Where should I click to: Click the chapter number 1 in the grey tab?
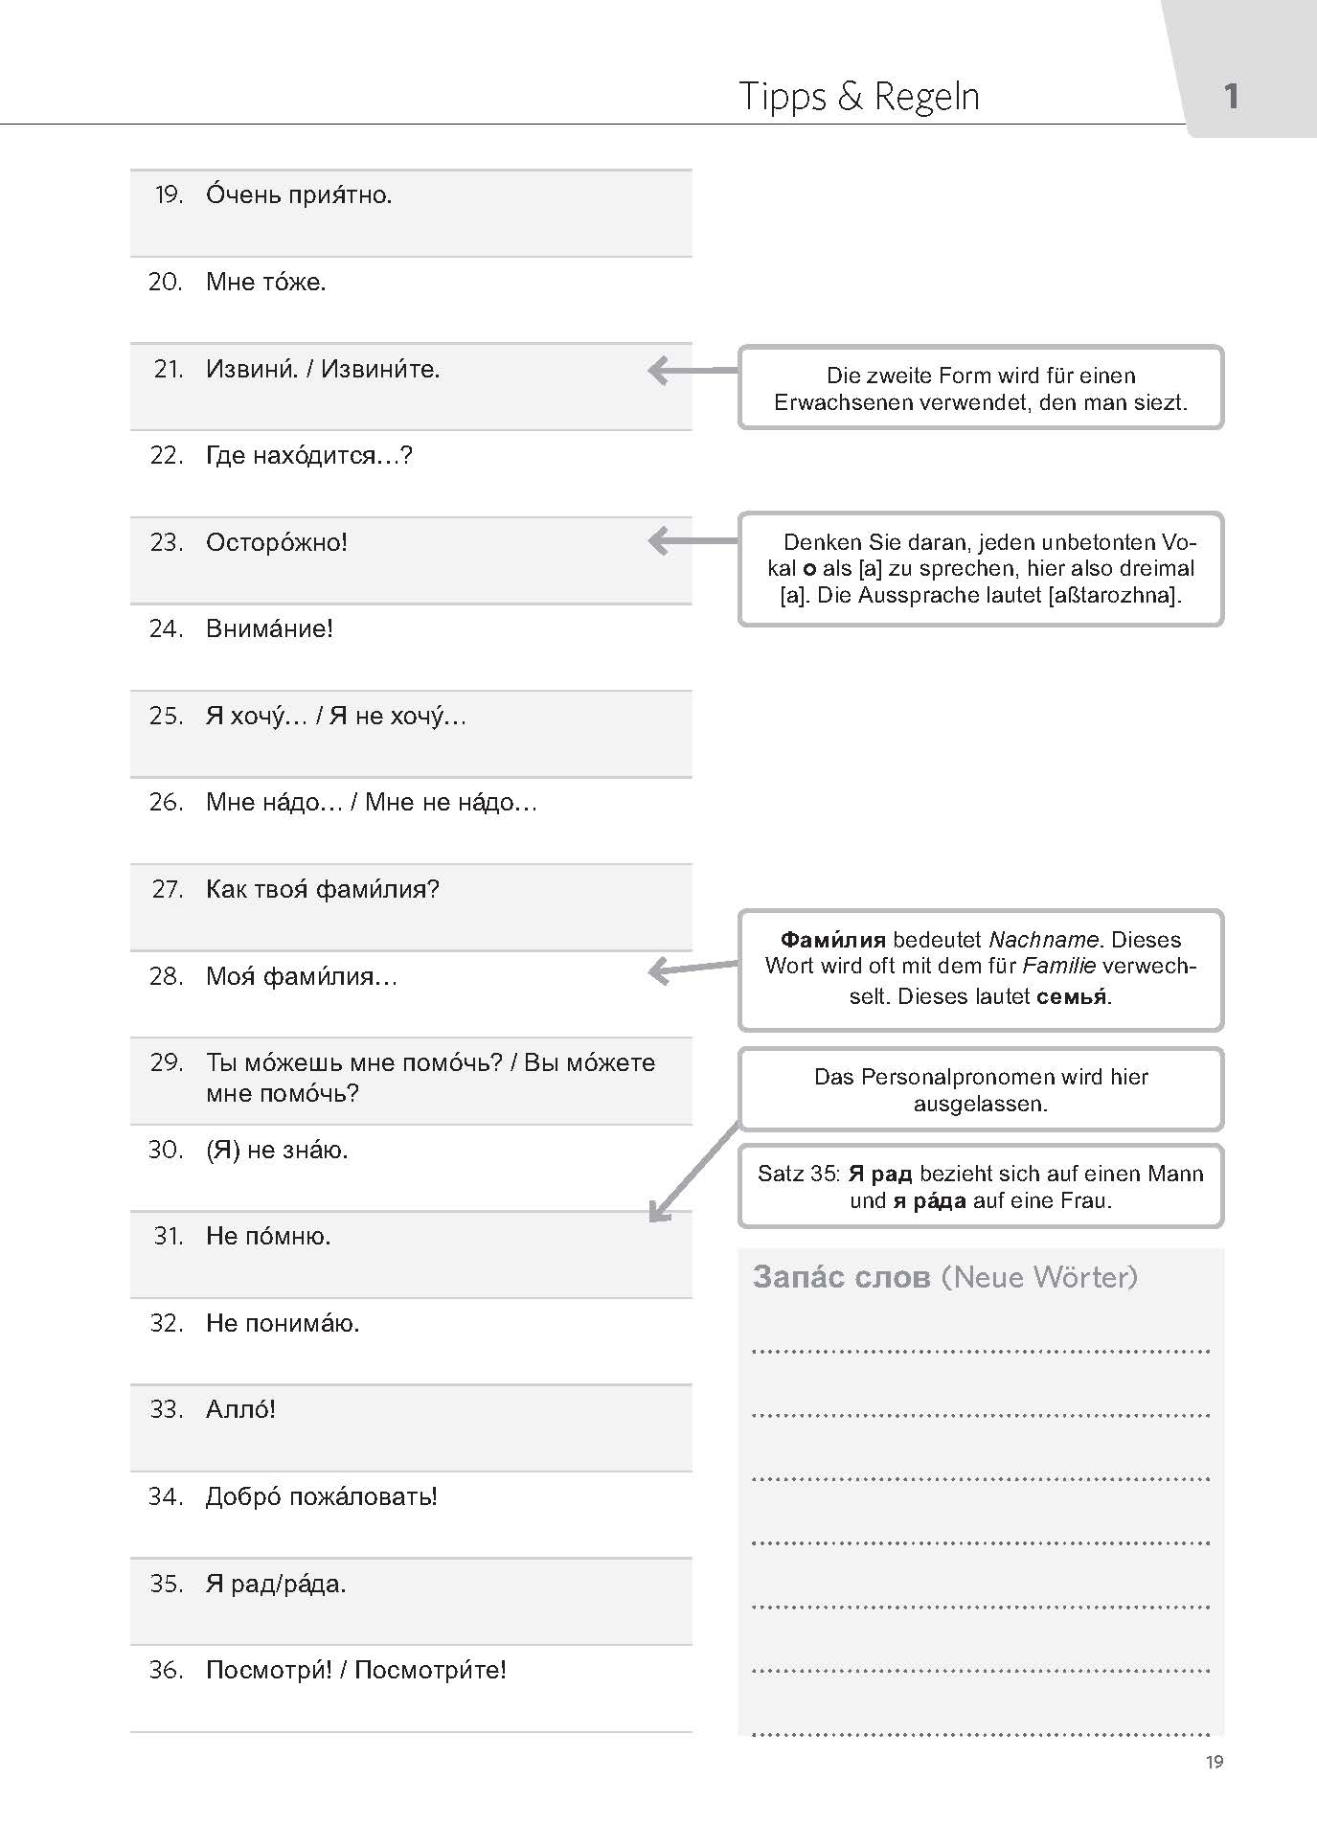tap(1231, 96)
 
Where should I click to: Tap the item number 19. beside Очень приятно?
tap(169, 195)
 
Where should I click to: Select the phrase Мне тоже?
tap(265, 282)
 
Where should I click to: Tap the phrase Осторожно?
tap(276, 542)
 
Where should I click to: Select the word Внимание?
tap(269, 629)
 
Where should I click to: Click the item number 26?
tap(166, 803)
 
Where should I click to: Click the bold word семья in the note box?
tap(1072, 996)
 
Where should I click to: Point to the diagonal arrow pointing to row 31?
tap(694, 1172)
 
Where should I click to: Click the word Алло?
tap(240, 1409)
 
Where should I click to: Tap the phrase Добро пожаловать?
tap(321, 1496)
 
